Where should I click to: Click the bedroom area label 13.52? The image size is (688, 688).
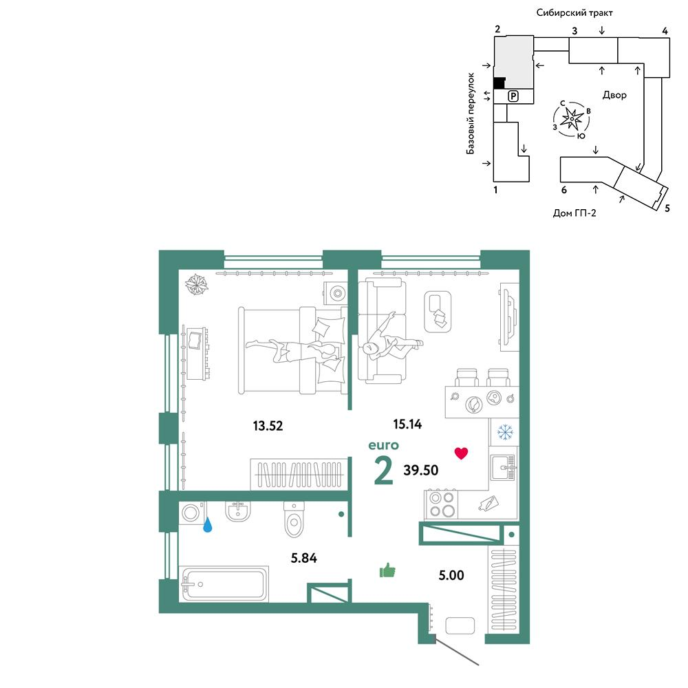coord(268,426)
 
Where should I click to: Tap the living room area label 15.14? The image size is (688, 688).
coord(407,424)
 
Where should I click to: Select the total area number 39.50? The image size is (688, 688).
coord(421,470)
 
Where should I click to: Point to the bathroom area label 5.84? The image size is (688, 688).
coord(303,558)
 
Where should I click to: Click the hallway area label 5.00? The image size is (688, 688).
coord(451,574)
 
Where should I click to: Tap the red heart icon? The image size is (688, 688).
coord(461,453)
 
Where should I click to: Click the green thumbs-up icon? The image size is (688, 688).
coord(387,570)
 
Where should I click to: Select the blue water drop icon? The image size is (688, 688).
coord(207,524)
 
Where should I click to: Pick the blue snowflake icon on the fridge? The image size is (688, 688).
coord(505,432)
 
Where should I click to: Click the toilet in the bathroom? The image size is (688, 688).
coord(294,519)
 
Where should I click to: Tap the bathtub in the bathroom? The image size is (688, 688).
coord(224,584)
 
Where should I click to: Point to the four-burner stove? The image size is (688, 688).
coord(442,504)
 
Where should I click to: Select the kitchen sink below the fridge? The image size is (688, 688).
coord(504,467)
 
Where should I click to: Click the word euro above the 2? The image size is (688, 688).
coord(383,445)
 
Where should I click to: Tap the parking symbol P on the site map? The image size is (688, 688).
coord(513,96)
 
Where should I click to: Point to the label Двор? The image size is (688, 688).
coord(614,95)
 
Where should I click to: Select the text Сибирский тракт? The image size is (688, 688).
coord(574,12)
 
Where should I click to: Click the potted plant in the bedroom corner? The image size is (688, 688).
coord(196,284)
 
